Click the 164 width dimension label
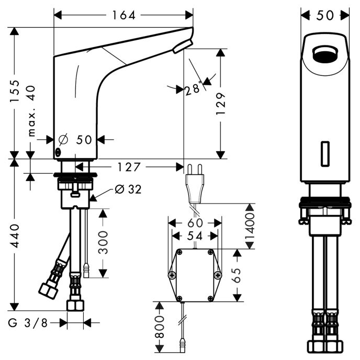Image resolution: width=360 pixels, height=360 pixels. click(x=123, y=15)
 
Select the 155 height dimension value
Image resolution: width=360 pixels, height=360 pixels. click(x=15, y=91)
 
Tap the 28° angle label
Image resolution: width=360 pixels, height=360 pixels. click(x=193, y=88)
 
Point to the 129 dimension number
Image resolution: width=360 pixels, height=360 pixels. click(x=221, y=104)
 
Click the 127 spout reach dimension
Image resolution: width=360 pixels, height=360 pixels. click(x=129, y=167)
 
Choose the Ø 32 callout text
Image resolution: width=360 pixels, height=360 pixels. click(x=128, y=189)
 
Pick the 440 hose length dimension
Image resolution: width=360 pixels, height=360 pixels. click(x=15, y=236)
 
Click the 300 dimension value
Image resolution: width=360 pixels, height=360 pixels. click(x=103, y=242)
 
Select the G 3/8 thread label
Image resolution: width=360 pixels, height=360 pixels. click(x=28, y=323)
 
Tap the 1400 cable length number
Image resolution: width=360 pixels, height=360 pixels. click(x=250, y=226)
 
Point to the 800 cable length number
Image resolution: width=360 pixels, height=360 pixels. click(x=160, y=327)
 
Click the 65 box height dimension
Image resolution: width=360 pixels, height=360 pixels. click(x=237, y=275)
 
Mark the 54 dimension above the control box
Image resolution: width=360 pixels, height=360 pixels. click(x=195, y=236)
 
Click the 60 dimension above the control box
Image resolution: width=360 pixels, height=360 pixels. click(x=195, y=223)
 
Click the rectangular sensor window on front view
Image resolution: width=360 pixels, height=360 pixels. click(x=325, y=154)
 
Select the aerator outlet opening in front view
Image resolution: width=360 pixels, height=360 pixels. click(x=325, y=54)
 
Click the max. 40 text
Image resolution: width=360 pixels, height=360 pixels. click(x=32, y=111)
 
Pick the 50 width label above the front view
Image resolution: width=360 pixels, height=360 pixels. click(x=325, y=16)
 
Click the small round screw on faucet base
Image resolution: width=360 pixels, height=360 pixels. click(x=58, y=152)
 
